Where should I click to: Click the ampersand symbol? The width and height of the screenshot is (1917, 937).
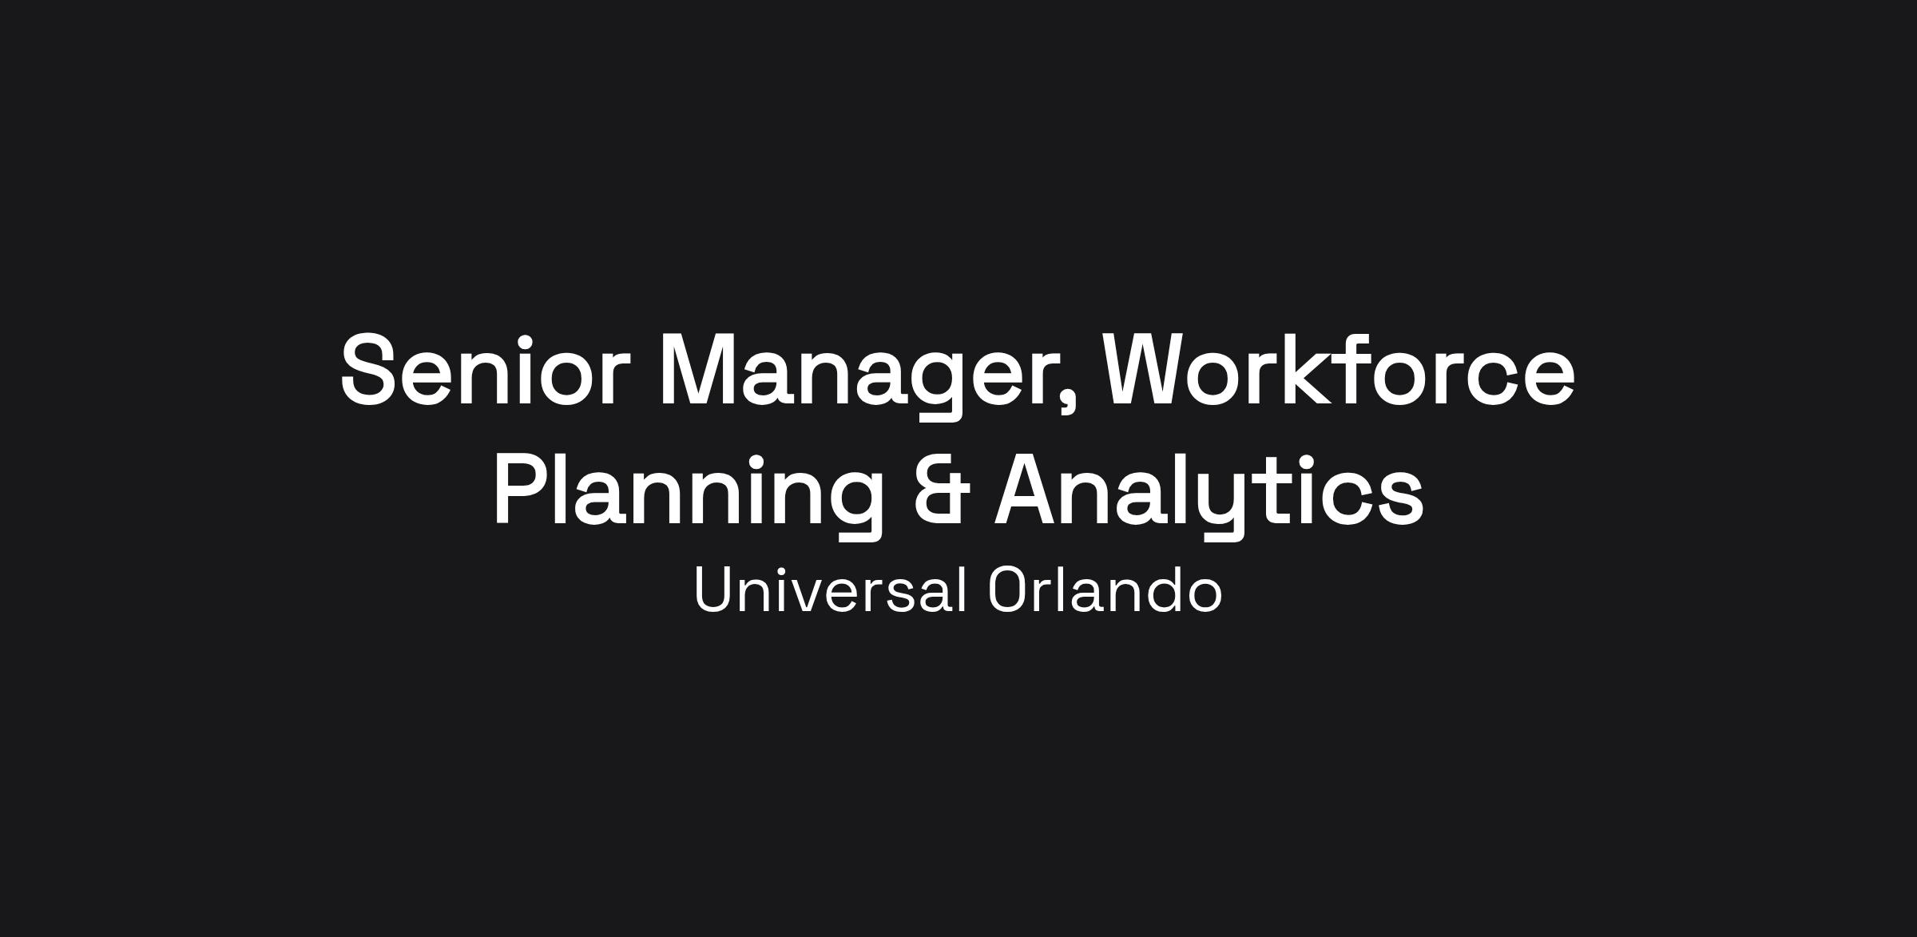[x=942, y=489]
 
